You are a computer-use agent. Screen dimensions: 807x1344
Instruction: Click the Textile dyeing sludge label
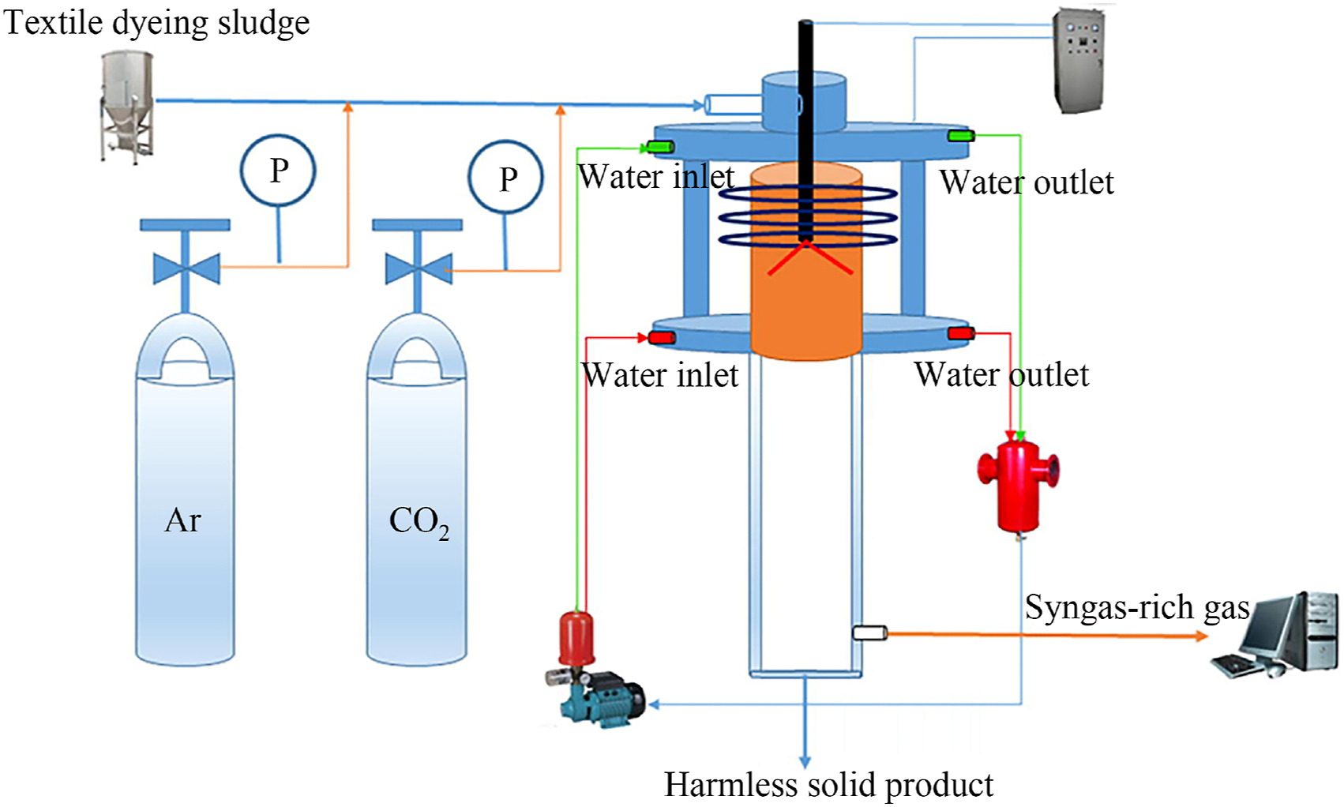[156, 22]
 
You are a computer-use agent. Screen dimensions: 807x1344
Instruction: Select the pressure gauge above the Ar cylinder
[278, 171]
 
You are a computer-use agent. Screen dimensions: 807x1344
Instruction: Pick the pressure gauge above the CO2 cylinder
[505, 178]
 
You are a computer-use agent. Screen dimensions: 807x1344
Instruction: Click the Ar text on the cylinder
[183, 520]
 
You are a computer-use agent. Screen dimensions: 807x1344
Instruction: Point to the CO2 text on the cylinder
[419, 522]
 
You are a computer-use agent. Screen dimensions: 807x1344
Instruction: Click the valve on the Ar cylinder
[186, 268]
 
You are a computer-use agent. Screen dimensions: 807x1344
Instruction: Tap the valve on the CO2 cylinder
[418, 268]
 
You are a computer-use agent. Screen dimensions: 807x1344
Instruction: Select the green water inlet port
[659, 146]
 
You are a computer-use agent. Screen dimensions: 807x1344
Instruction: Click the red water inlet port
[662, 338]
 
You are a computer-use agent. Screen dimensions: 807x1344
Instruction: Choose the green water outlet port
[960, 136]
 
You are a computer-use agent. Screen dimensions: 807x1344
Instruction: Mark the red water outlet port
[960, 333]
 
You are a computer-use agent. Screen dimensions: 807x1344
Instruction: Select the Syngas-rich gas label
[1137, 607]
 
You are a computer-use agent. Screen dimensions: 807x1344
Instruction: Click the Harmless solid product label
[828, 785]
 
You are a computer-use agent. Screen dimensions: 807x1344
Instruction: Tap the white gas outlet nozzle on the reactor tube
[870, 632]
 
